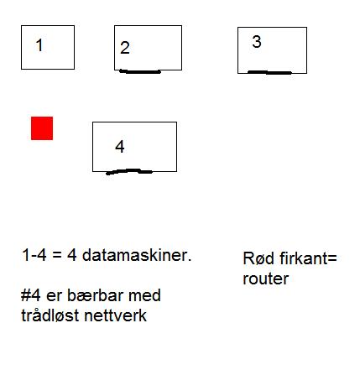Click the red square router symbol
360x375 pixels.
(x=42, y=128)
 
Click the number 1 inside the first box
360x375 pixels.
(x=39, y=45)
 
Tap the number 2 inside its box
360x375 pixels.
(x=125, y=48)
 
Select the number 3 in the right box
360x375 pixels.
(x=257, y=42)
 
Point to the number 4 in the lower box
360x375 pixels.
(x=120, y=146)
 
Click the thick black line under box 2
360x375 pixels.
(x=140, y=71)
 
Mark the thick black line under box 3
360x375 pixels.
(x=269, y=72)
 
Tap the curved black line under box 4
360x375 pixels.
(x=129, y=171)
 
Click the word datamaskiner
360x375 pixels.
(x=137, y=255)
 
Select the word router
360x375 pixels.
(x=266, y=279)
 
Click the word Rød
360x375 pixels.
(x=258, y=258)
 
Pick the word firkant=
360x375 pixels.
(x=308, y=258)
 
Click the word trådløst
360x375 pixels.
(x=50, y=315)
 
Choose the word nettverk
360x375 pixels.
(x=115, y=315)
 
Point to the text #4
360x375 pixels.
(x=31, y=295)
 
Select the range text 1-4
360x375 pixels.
(x=34, y=255)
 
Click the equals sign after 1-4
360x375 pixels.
(x=57, y=256)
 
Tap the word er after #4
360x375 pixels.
(x=54, y=297)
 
